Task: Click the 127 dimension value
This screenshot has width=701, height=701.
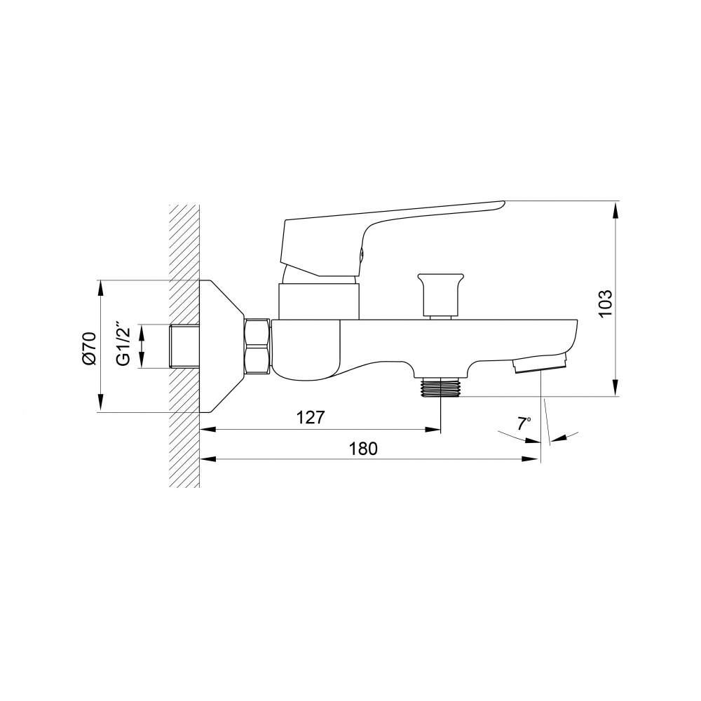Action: [x=311, y=417]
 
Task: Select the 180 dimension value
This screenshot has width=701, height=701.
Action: [x=363, y=449]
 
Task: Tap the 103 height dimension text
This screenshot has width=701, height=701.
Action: [x=605, y=304]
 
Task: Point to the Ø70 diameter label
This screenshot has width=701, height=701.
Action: [x=89, y=348]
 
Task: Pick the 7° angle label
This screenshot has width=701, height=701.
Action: [x=524, y=423]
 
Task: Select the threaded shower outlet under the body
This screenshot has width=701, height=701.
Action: [x=441, y=387]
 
